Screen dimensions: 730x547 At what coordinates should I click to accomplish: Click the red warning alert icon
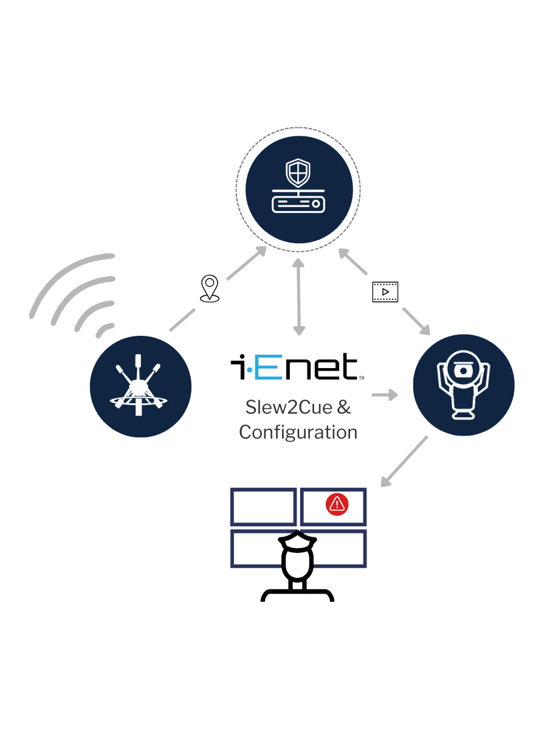337,504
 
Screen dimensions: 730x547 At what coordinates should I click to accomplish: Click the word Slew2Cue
282,407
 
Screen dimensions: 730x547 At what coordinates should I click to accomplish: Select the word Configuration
298,432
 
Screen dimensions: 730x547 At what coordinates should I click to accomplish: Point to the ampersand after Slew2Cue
343,407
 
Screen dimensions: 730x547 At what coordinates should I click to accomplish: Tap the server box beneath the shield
298,202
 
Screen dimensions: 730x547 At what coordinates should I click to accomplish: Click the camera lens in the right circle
463,370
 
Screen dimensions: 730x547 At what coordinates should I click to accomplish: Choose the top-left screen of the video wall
264,507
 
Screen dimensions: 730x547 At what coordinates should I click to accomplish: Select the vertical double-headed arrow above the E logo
298,297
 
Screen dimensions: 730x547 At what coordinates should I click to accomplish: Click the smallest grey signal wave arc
105,329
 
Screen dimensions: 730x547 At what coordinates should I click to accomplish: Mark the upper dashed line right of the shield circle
385,285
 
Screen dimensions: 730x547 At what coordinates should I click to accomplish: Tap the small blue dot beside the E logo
249,369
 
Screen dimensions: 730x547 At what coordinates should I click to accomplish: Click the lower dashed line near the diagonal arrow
385,299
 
